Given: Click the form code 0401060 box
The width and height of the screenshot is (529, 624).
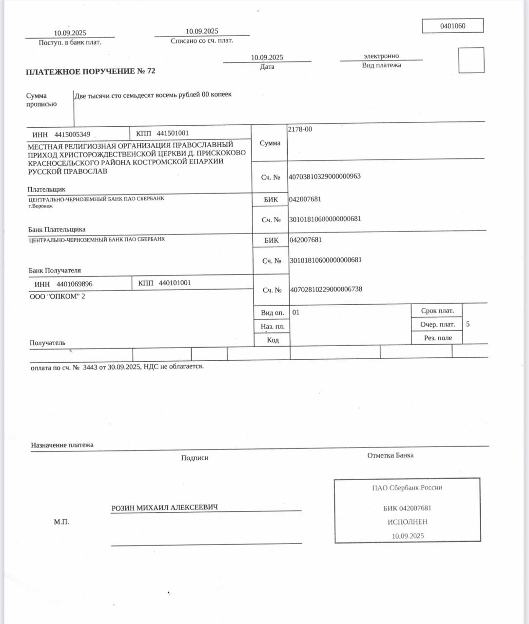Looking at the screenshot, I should tap(452, 26).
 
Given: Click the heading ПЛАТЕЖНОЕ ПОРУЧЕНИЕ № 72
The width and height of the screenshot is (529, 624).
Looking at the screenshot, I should tap(90, 71).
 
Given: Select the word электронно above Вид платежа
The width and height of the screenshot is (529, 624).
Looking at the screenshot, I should tap(381, 56).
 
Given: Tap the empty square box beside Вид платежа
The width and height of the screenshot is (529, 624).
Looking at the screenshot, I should tap(471, 60).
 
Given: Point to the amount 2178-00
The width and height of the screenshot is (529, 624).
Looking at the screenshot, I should tap(300, 129).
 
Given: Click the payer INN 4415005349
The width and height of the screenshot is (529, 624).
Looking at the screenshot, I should tap(72, 135).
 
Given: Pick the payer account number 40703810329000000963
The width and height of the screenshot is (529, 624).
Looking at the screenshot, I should tap(325, 176).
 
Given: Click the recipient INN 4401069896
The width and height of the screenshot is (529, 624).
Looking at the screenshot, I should tap(74, 284).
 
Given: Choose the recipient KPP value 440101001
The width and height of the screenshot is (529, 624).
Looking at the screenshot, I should tap(175, 283).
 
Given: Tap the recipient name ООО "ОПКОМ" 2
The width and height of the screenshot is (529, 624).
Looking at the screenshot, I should tap(58, 296).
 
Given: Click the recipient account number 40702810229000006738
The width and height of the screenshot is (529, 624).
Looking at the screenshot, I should tap(326, 289).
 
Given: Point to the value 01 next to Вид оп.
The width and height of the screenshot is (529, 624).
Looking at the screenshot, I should tap(295, 312).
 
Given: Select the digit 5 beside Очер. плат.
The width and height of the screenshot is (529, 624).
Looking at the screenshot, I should tap(468, 324).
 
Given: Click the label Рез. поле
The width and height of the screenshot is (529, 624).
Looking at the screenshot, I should tap(437, 338).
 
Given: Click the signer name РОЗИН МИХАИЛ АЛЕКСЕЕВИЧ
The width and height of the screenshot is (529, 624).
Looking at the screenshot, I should tap(164, 507).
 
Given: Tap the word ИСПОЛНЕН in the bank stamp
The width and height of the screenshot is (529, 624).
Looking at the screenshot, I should tap(407, 522).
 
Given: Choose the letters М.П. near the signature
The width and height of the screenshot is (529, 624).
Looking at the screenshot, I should tap(61, 522).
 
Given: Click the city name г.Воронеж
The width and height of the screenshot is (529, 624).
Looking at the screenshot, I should tap(40, 206).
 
